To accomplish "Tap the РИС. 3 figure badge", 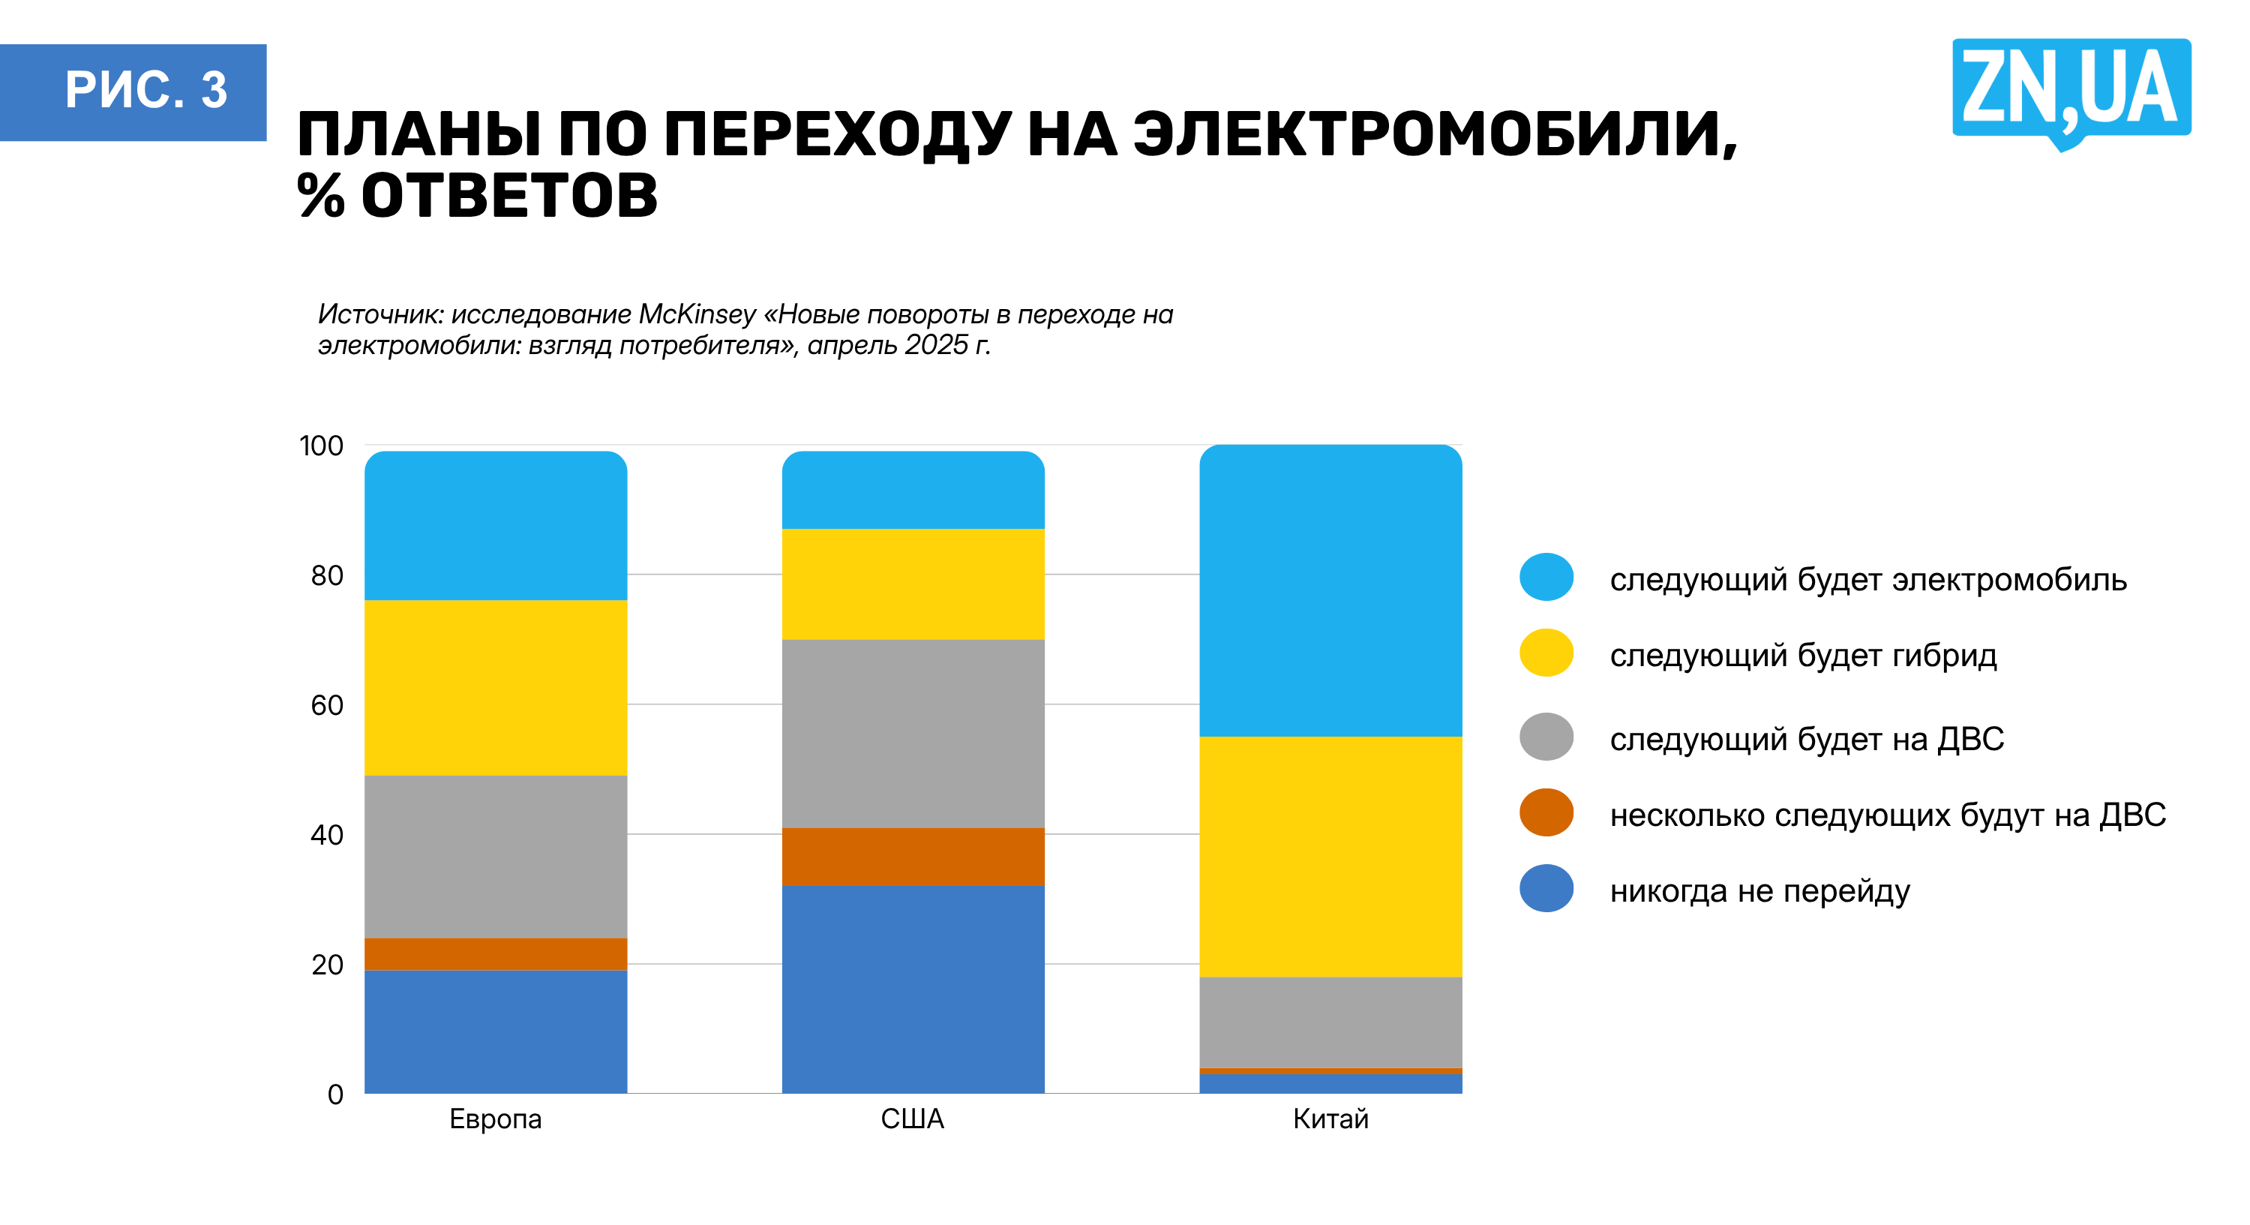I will coord(133,92).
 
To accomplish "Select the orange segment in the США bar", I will coord(913,856).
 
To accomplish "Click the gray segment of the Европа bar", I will coord(495,856).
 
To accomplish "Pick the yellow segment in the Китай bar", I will coord(1330,856).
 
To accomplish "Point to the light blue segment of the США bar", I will coord(913,490).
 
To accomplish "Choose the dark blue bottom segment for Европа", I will coord(495,1031).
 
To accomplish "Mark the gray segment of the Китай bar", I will coord(1330,1022).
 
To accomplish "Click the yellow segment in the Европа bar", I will coord(495,687).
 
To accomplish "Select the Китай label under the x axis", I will coord(1330,1118).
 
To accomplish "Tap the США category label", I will coord(912,1118).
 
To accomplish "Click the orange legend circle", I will coord(1546,812).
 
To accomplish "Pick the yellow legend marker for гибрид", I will coord(1546,653).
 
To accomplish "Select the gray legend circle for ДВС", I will coord(1546,737).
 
